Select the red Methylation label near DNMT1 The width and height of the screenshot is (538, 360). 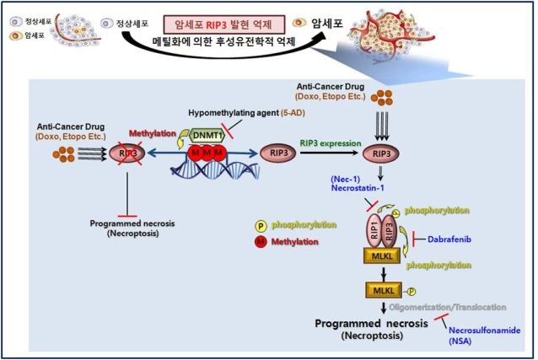click(152, 133)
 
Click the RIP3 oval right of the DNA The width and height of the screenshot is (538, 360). click(280, 155)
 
